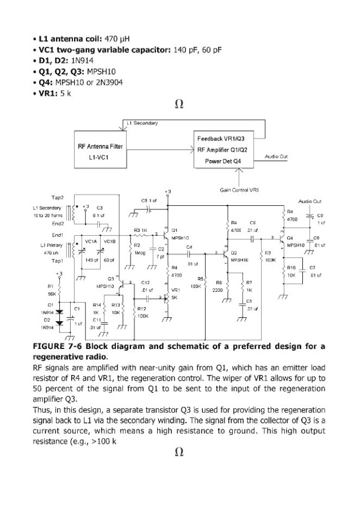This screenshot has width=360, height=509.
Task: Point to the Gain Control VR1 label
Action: [x=239, y=191]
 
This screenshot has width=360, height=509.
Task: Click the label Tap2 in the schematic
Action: [x=58, y=197]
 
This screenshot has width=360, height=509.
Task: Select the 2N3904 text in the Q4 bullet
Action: [x=109, y=83]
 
